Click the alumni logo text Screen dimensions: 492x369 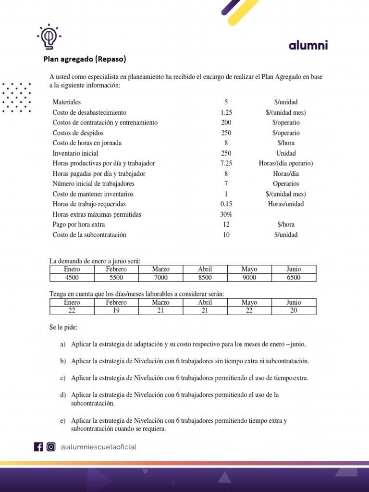click(x=308, y=46)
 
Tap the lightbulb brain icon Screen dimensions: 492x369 click(x=48, y=37)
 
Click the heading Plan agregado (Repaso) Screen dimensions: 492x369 click(x=85, y=60)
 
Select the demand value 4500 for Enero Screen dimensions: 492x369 click(x=72, y=277)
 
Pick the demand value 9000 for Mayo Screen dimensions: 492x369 click(x=249, y=277)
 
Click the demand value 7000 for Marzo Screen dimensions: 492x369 click(x=160, y=277)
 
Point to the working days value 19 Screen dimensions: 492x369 click(x=116, y=310)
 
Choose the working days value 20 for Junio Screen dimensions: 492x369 click(x=294, y=310)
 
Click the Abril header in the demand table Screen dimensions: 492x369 click(x=205, y=269)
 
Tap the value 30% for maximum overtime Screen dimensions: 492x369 click(x=226, y=214)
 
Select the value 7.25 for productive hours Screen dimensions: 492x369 click(x=226, y=163)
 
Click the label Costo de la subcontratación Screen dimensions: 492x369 click(x=89, y=235)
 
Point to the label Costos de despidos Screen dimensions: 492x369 click(x=78, y=133)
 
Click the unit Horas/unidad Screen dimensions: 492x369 click(x=285, y=204)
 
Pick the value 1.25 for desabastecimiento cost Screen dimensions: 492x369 click(x=226, y=112)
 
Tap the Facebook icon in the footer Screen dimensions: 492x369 click(x=38, y=447)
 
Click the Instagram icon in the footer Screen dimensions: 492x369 click(x=50, y=447)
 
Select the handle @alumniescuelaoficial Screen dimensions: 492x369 click(x=98, y=447)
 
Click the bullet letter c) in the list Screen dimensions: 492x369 click(x=63, y=378)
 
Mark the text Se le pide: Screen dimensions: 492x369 click(x=63, y=327)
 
